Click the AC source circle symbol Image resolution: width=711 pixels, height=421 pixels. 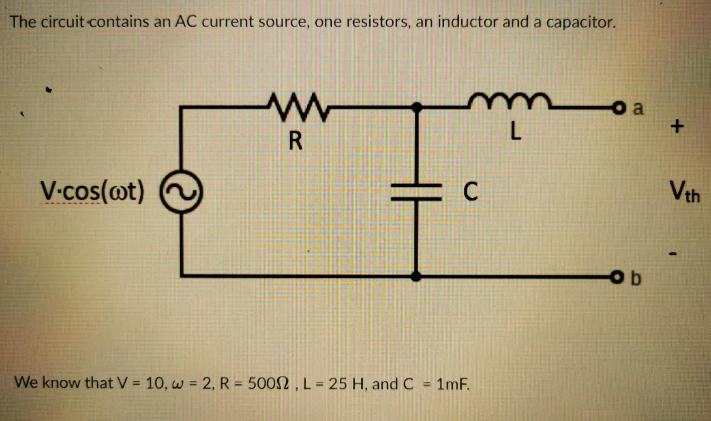[x=181, y=192]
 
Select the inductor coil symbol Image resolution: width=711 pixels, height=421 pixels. [x=509, y=102]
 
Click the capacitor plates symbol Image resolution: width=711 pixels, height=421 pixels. [x=416, y=192]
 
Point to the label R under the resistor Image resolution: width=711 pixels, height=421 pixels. [x=296, y=141]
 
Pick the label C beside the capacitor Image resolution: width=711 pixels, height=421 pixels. [x=470, y=191]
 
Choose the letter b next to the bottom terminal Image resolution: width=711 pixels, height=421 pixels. [x=636, y=278]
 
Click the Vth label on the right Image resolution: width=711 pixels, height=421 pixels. [x=684, y=191]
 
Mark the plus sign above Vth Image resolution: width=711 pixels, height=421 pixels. [x=677, y=127]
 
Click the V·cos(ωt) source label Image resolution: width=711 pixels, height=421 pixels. [x=92, y=191]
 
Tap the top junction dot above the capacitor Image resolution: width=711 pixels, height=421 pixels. [x=416, y=107]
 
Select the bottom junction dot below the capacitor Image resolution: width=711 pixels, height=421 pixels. [x=416, y=277]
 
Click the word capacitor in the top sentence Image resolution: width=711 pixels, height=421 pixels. [x=580, y=22]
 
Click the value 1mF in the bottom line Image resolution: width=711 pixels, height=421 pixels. [x=452, y=383]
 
